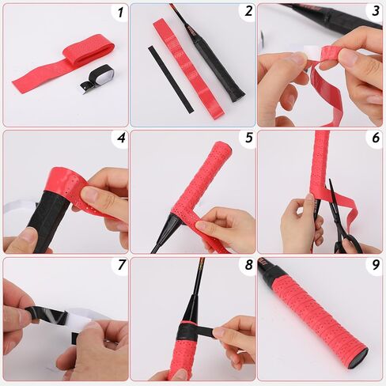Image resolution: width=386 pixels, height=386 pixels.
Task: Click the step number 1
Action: [x=120, y=12]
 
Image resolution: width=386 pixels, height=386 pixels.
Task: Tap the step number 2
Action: [x=248, y=12]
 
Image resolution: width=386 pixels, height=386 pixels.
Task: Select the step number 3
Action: [x=376, y=11]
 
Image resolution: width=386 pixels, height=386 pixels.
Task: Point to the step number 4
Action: [x=121, y=138]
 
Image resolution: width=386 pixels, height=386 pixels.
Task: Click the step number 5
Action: [x=248, y=138]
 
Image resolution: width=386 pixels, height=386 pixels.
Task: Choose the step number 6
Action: [x=376, y=138]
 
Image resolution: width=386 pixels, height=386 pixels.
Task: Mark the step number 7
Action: [x=121, y=265]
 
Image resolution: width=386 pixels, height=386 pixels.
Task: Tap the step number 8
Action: [x=248, y=265]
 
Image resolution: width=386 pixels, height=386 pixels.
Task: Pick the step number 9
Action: [x=376, y=265]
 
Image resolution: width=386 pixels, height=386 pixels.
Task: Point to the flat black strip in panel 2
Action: [x=171, y=79]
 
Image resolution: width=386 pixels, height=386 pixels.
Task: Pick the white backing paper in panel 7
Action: [x=79, y=320]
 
